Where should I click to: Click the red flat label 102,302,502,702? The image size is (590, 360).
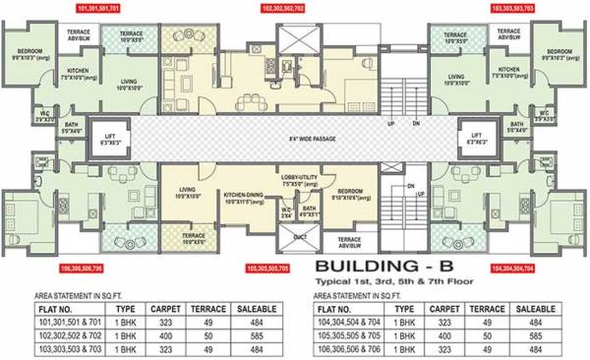[290, 6]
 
